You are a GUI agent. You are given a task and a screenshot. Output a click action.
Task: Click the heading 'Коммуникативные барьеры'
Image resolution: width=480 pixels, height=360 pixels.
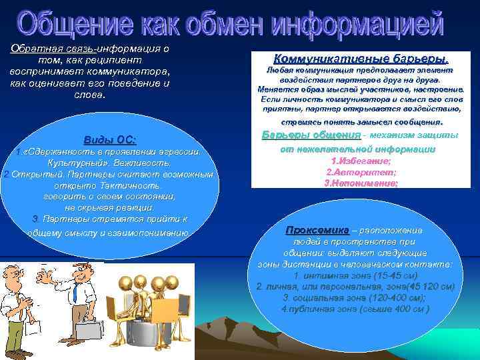coord(356,58)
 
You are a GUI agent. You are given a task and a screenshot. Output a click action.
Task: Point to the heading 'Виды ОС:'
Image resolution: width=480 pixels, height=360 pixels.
coord(109,140)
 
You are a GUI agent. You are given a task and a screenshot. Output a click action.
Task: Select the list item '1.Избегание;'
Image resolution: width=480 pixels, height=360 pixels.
coord(361,161)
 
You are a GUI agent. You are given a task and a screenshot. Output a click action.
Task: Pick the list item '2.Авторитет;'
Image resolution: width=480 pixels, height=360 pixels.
coord(361,171)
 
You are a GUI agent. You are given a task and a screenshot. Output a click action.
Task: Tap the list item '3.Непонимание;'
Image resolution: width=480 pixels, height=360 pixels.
coord(361,182)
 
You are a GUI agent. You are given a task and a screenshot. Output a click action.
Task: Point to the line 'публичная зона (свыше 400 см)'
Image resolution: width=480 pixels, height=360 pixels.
coord(355,309)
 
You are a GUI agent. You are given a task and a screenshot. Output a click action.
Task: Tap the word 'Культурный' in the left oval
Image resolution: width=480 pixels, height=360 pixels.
coord(75,163)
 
